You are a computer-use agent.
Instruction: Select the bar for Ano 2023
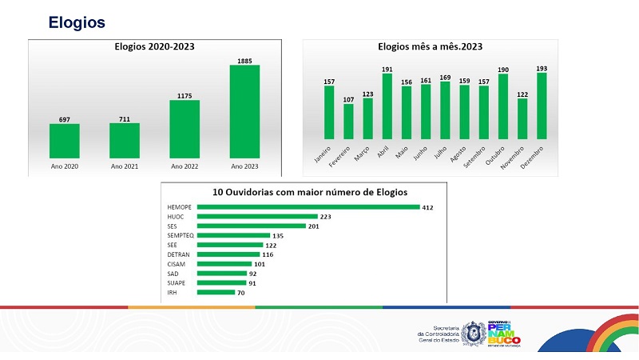pos(244,111)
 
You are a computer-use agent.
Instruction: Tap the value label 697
pos(65,119)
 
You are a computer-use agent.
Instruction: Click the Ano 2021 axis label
pos(125,166)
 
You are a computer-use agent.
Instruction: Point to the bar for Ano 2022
pos(185,129)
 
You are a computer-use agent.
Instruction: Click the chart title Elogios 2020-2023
pos(154,46)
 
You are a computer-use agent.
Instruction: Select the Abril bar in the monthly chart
pos(387,108)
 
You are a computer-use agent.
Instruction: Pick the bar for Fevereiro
pos(348,122)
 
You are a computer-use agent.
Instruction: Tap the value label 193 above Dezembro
pos(542,68)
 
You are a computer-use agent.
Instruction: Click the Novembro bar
pos(522,119)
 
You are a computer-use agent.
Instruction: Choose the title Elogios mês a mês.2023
pos(429,46)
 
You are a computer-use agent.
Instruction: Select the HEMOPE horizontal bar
pos(308,207)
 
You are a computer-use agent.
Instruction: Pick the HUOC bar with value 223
pos(257,217)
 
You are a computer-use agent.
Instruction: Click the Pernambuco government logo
pos(504,332)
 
